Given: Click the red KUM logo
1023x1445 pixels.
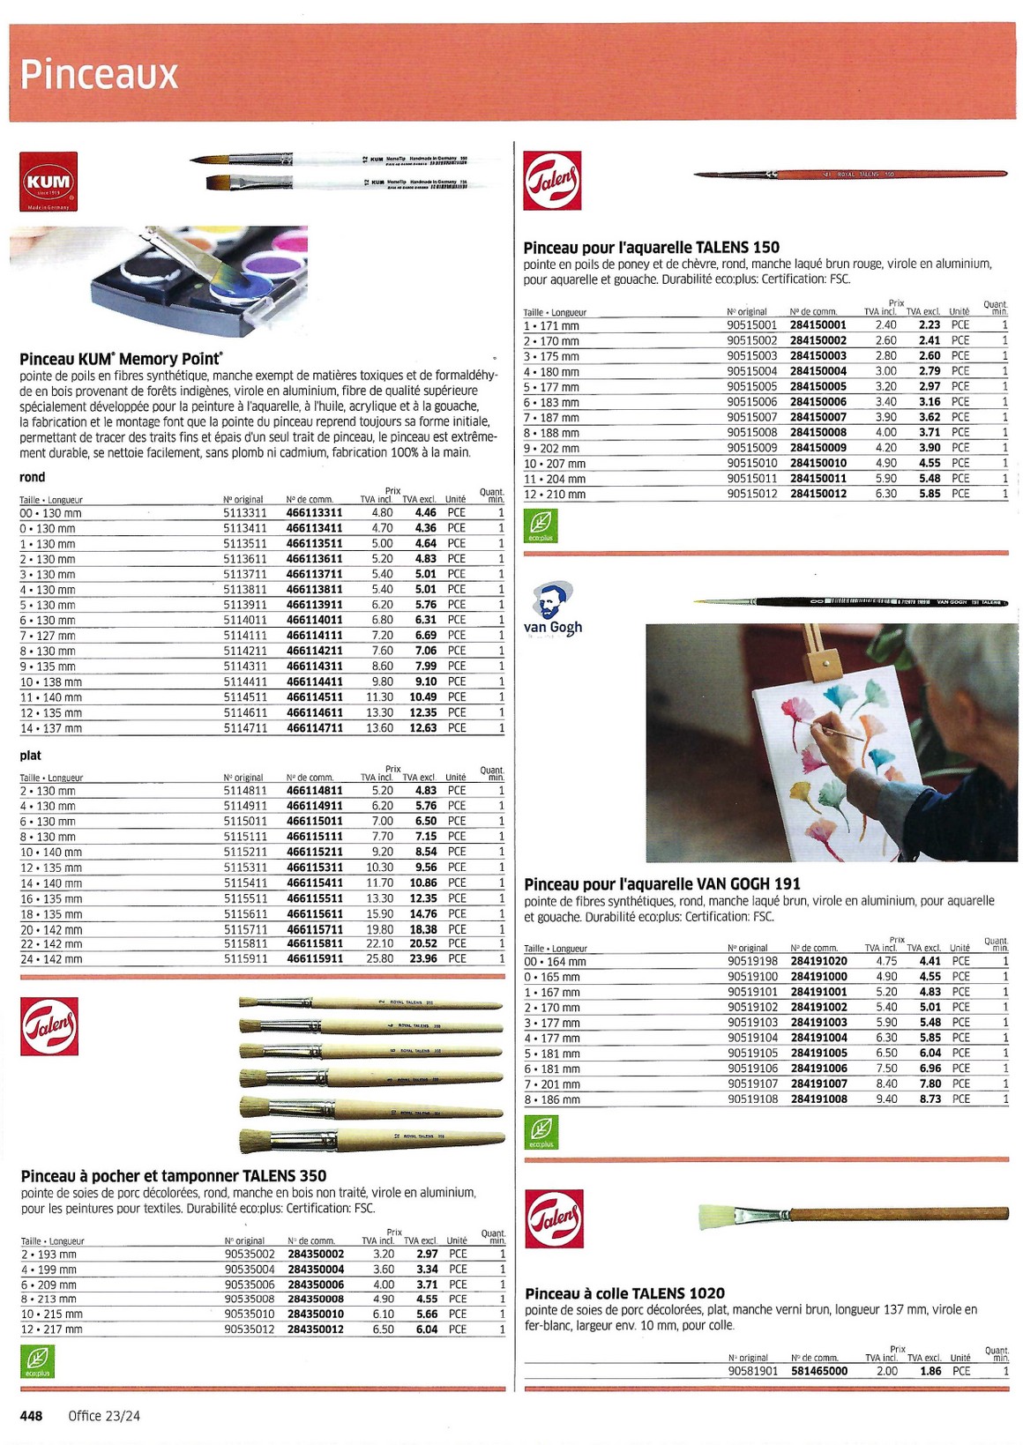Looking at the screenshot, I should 49,182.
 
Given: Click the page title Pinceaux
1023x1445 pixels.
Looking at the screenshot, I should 99,74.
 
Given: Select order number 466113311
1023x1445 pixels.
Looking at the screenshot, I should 314,512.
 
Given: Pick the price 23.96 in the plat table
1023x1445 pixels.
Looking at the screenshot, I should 423,958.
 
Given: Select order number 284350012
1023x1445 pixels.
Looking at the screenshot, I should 316,1329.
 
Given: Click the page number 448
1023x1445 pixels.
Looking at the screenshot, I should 32,1416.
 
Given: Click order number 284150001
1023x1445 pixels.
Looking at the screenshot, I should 818,325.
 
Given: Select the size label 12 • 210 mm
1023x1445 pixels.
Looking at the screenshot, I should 555,495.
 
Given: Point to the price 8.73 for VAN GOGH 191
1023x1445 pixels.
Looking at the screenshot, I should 930,1099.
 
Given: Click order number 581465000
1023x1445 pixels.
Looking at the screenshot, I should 819,1371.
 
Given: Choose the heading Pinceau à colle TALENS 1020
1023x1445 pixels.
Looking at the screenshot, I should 624,1293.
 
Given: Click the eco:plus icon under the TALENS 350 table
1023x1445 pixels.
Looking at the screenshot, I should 38,1361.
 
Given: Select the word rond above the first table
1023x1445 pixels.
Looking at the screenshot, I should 33,477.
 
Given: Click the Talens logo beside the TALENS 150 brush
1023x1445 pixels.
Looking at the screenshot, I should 552,181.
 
